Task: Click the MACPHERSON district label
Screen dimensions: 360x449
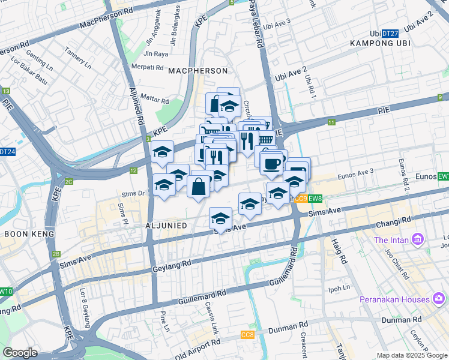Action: click(198, 71)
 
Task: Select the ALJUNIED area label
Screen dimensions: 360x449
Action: click(165, 225)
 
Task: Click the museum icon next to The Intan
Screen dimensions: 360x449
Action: click(418, 241)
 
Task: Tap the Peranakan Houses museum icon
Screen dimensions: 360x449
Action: click(439, 299)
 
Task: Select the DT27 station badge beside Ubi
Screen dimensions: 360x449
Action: click(390, 34)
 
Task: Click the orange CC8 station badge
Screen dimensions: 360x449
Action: click(247, 334)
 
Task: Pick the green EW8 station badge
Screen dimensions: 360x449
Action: click(316, 199)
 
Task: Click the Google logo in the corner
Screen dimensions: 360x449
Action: click(20, 353)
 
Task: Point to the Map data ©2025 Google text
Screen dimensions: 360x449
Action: click(412, 356)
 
